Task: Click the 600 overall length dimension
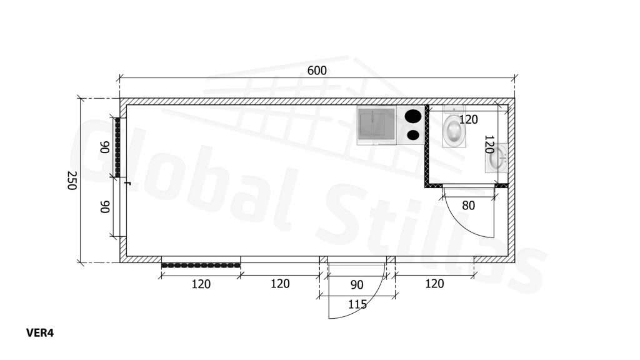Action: [x=317, y=71]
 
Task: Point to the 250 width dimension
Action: [x=72, y=181]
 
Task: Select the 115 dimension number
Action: [x=357, y=304]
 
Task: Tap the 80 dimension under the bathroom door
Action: [x=469, y=205]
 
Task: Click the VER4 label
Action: [x=40, y=333]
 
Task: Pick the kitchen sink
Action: [x=376, y=125]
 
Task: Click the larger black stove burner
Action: [x=413, y=116]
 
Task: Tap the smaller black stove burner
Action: [x=413, y=135]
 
